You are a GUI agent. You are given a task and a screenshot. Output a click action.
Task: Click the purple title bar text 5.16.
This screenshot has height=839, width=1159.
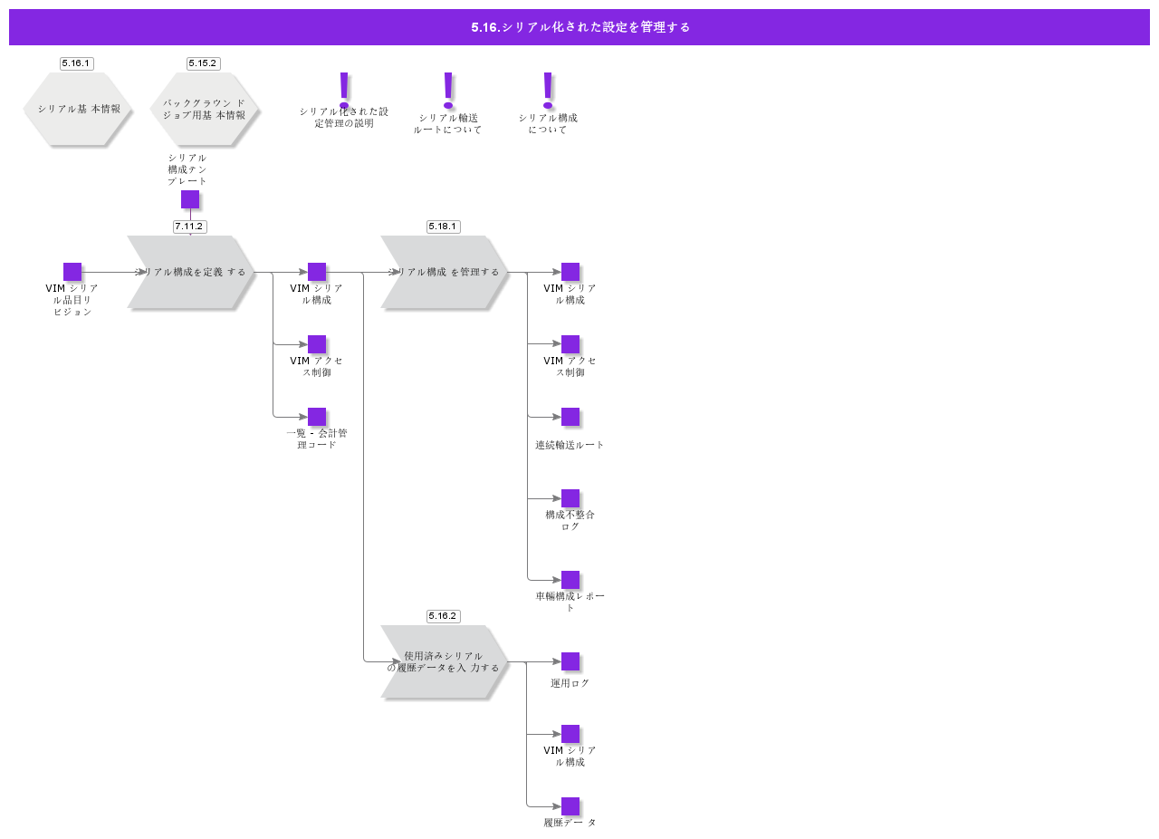coord(579,27)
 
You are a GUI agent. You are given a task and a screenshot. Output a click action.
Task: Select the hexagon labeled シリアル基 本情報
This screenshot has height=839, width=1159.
coord(78,109)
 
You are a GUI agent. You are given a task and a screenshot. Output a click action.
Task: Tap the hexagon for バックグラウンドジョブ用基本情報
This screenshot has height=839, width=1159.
coord(205,109)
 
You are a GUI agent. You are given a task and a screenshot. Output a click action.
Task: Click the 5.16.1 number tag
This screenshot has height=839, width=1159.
coord(76,63)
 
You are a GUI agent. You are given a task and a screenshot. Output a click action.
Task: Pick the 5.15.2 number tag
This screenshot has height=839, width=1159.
coord(203,63)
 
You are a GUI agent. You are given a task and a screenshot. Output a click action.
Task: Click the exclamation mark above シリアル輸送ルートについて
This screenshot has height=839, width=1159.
coord(447,91)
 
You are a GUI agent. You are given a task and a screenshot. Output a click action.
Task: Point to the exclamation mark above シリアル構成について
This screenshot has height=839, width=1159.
coord(547,91)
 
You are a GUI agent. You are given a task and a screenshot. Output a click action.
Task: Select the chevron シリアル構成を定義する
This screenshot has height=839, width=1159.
coord(190,272)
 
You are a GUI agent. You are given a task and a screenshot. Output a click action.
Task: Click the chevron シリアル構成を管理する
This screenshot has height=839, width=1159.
coord(444,272)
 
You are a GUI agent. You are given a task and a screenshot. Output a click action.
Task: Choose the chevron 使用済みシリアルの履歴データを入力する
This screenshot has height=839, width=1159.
coord(444,661)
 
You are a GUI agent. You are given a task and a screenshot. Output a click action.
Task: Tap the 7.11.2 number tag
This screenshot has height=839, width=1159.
coord(189,227)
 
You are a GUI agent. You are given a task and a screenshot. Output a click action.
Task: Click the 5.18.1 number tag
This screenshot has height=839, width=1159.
coord(443,227)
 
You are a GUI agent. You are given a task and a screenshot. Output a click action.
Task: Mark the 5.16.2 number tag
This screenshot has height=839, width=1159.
coord(443,616)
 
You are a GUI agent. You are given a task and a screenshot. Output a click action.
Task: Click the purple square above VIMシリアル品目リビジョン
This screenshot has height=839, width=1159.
coord(72,272)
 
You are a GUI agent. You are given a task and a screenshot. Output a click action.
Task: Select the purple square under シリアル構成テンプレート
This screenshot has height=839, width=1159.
coord(190,199)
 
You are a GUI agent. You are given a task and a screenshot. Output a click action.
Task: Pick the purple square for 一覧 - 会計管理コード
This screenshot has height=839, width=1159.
coord(317,417)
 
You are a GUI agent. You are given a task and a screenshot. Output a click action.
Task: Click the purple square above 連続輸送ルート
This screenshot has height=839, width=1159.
coord(570,417)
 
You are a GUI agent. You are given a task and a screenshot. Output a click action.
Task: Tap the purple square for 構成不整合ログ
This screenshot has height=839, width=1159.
coord(570,498)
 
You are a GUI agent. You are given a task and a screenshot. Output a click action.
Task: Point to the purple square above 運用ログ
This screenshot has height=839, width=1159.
coord(570,661)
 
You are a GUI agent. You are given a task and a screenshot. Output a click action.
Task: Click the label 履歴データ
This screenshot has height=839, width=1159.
coord(570,823)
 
